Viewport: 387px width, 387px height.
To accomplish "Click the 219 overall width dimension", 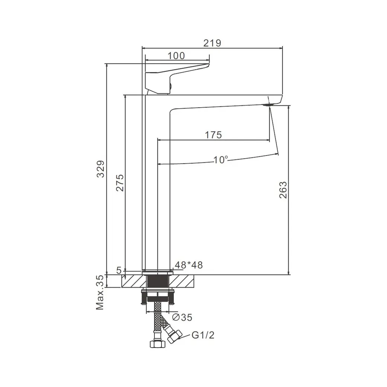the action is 212,43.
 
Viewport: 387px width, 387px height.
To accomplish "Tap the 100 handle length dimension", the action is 176,56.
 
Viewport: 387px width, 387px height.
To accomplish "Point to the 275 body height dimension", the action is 120,183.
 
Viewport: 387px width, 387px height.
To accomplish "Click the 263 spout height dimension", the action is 283,190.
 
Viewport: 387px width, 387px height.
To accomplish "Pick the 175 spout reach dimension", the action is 214,135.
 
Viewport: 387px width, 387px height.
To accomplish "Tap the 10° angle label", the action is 220,160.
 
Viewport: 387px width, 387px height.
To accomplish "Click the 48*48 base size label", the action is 189,265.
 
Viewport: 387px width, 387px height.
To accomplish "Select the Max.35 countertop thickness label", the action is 100,292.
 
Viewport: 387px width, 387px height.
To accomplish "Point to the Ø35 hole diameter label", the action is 182,317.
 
